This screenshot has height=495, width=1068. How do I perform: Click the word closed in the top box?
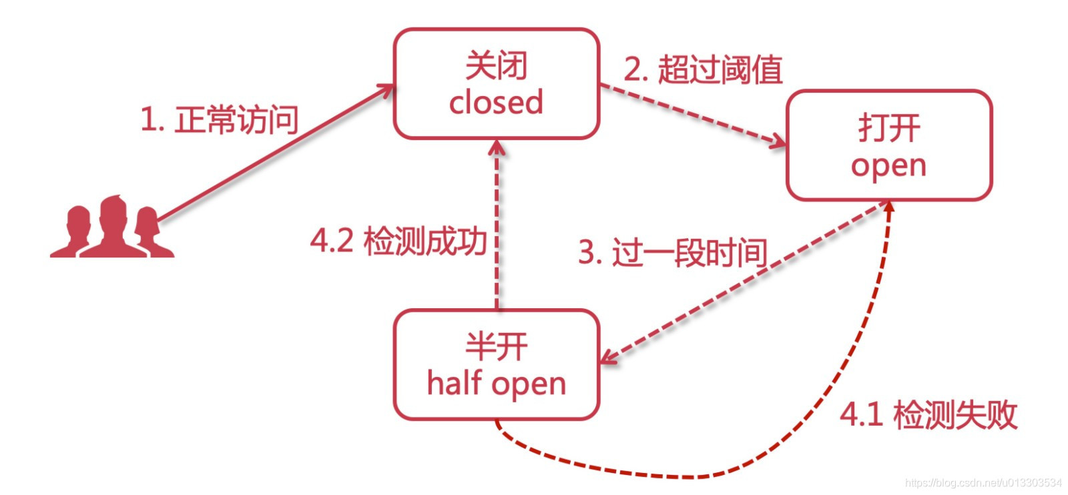(496, 102)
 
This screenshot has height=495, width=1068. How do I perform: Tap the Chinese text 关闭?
(496, 65)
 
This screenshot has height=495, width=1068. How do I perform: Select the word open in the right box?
(888, 165)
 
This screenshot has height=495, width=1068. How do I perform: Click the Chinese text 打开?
(888, 127)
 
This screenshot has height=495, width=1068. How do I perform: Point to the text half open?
(496, 384)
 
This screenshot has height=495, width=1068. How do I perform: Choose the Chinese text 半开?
(496, 347)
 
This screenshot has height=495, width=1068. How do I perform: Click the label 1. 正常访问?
(219, 120)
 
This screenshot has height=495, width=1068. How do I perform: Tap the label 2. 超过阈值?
(702, 70)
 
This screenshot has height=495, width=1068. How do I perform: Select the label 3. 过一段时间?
(672, 253)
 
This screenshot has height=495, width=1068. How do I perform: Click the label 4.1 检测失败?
(928, 414)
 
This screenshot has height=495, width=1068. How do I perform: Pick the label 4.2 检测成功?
(398, 240)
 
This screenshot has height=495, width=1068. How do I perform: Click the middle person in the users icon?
(112, 227)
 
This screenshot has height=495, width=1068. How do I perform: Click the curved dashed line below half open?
(694, 475)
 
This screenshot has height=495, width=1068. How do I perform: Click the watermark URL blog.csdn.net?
(983, 482)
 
